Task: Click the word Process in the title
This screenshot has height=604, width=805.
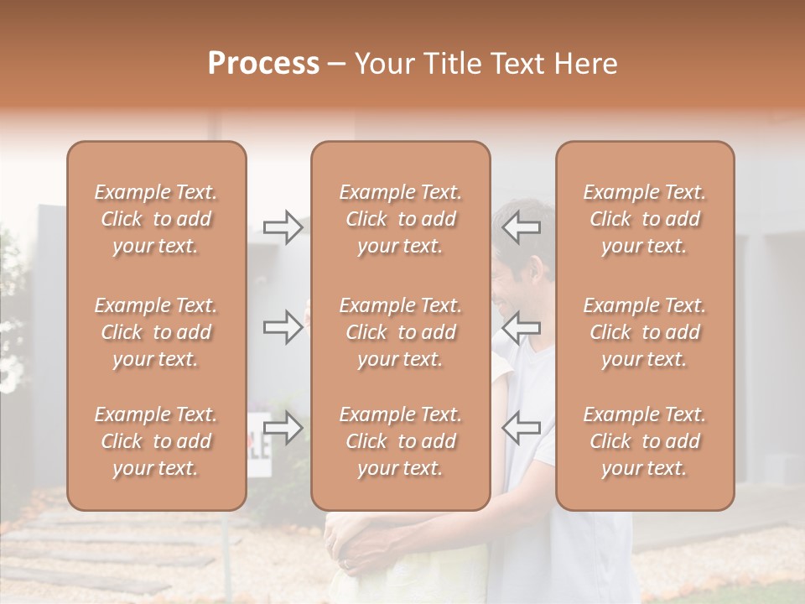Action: tap(263, 64)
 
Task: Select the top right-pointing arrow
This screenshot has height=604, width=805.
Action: tap(283, 227)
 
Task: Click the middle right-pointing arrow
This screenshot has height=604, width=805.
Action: tap(283, 327)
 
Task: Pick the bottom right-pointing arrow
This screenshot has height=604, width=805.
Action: tap(283, 428)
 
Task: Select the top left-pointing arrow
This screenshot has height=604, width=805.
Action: tap(521, 227)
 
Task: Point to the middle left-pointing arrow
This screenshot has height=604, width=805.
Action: tap(521, 327)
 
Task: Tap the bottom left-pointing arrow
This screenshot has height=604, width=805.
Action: tap(521, 428)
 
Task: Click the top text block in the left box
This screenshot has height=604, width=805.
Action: tap(156, 219)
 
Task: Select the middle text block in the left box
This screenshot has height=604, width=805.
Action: tap(156, 332)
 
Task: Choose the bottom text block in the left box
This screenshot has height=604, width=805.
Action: tap(156, 441)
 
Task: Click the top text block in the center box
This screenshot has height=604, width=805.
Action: tap(401, 219)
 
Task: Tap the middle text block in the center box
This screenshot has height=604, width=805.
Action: tap(401, 332)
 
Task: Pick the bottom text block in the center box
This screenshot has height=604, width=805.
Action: tap(401, 441)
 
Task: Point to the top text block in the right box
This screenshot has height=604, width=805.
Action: tap(645, 219)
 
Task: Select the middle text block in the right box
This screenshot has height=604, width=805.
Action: tap(645, 332)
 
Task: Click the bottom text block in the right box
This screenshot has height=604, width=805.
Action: tap(645, 441)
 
